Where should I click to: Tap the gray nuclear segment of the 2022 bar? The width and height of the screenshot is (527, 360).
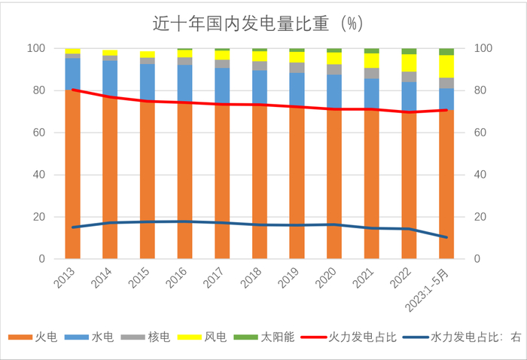[409, 77]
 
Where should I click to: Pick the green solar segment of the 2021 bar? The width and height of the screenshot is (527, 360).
[371, 50]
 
